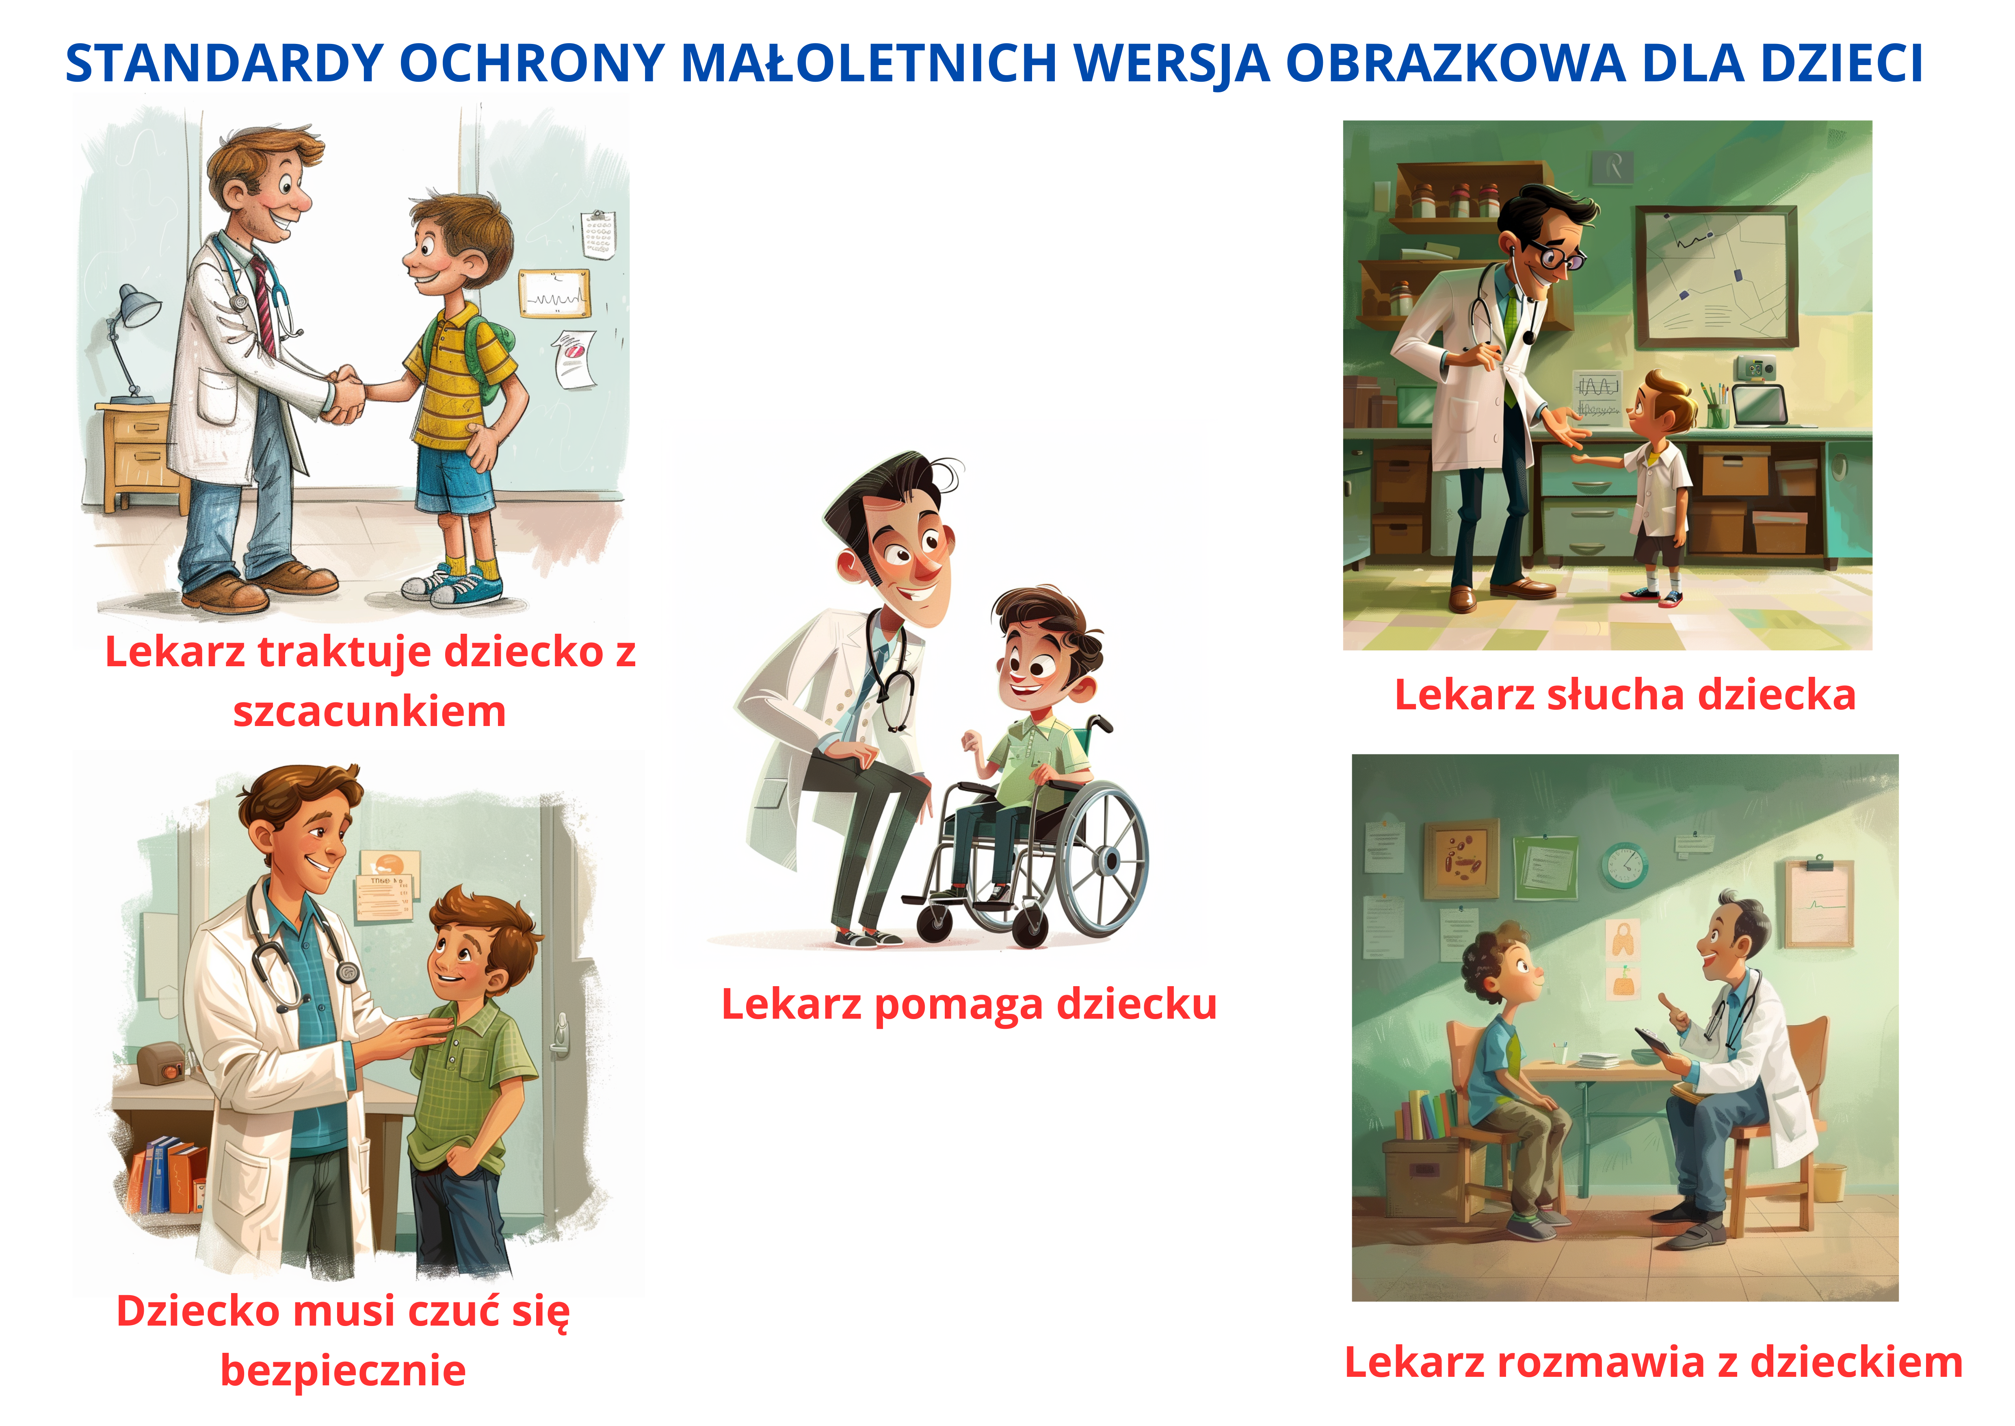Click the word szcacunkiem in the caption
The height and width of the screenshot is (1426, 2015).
pos(370,711)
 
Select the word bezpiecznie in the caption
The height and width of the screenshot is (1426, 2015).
pos(343,1370)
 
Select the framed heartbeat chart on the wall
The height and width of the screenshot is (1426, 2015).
pos(554,293)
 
